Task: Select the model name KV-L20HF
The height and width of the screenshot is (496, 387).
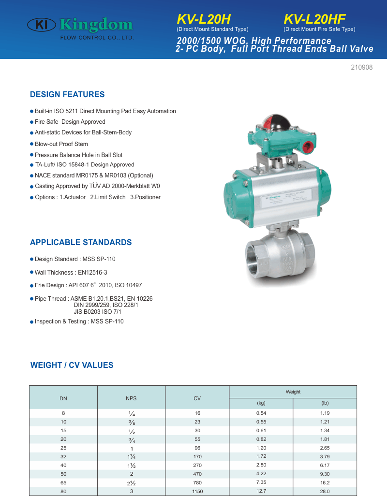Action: tap(314, 19)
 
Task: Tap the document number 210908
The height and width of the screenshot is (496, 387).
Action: tap(361, 68)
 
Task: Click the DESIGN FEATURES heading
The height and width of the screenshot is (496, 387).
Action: tap(67, 94)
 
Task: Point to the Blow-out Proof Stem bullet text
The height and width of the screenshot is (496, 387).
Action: tap(61, 144)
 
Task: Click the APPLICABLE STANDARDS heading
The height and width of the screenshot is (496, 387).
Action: tap(81, 242)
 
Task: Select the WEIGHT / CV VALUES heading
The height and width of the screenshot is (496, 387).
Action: tap(72, 365)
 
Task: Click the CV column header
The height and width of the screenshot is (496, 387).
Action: tap(197, 398)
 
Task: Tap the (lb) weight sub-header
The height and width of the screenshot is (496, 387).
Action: tap(325, 403)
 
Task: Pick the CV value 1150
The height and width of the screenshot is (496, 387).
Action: tap(197, 491)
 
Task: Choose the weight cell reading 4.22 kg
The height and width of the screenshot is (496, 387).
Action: tap(261, 474)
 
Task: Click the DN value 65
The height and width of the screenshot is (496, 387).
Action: tap(63, 482)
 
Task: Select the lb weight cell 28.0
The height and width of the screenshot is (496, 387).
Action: tap(325, 491)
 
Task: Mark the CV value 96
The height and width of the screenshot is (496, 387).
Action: tap(197, 448)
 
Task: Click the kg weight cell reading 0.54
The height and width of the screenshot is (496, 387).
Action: tap(261, 413)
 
